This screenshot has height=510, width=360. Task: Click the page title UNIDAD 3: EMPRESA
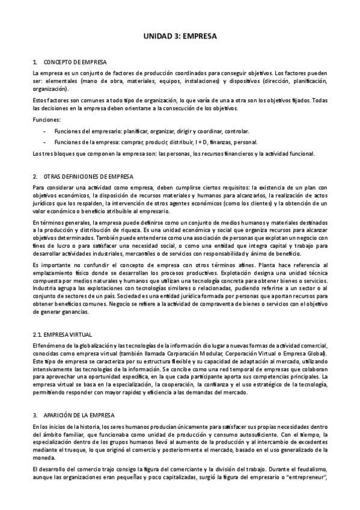coord(180,37)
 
